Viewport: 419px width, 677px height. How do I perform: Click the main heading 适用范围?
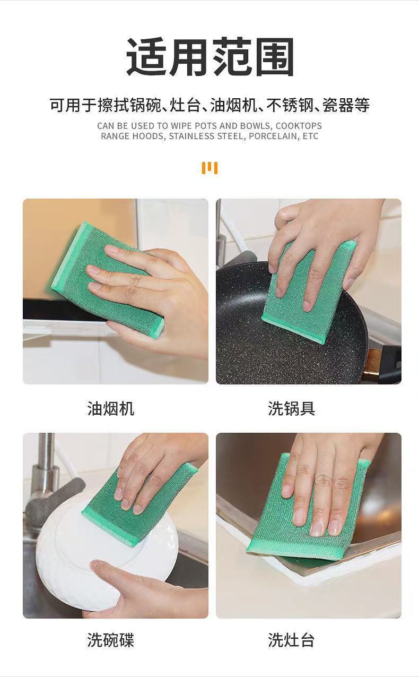click(210, 57)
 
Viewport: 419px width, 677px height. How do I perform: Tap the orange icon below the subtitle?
click(210, 168)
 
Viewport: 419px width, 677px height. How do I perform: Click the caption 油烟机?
click(110, 408)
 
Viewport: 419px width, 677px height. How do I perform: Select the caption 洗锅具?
click(291, 408)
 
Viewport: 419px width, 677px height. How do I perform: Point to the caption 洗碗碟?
click(110, 640)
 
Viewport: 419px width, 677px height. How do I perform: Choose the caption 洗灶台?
click(291, 640)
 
